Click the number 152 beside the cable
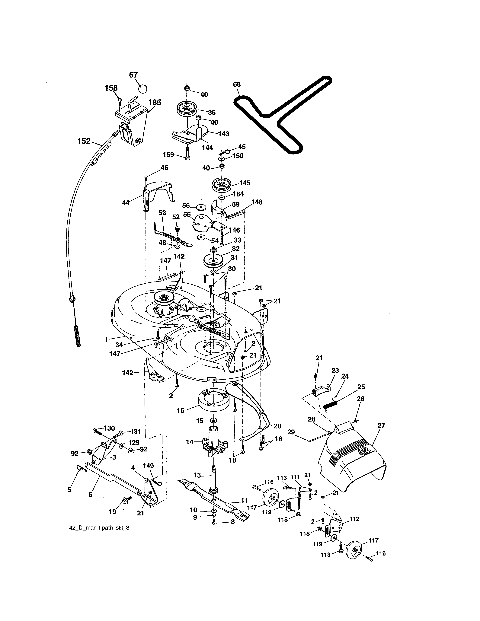coord(84,141)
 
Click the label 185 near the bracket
coord(155,102)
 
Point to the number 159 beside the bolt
coord(168,155)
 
